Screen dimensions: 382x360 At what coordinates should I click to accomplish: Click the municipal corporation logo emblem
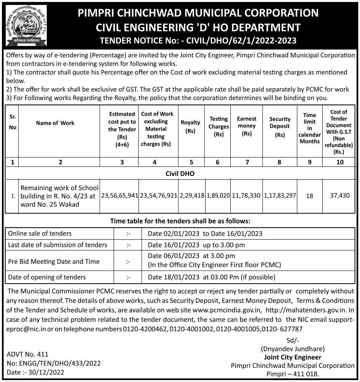[x=26, y=25]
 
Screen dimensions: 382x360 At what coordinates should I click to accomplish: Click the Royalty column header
[x=190, y=127]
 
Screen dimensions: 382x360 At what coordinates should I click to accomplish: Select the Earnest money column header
[x=247, y=126]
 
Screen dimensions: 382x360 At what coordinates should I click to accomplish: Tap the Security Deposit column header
[x=280, y=127]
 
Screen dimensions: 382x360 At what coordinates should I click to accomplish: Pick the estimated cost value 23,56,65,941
[x=119, y=196]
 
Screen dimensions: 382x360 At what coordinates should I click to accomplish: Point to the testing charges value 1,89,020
[x=218, y=196]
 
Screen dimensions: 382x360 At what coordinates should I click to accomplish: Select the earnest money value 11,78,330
[x=247, y=196]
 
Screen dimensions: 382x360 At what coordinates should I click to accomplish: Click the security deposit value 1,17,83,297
[x=280, y=196]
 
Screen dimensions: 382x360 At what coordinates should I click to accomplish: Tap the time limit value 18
[x=309, y=196]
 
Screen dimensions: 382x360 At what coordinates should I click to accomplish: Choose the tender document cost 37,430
[x=340, y=196]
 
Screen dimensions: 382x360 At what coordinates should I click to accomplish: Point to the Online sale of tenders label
[x=40, y=233]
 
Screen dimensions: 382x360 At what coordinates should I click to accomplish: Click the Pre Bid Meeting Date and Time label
[x=54, y=262]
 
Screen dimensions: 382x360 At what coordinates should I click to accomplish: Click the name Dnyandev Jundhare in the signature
[x=292, y=349]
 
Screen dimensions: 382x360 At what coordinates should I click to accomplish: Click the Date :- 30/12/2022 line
[x=36, y=372]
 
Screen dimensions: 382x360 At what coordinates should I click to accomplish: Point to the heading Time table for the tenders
[x=180, y=221]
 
